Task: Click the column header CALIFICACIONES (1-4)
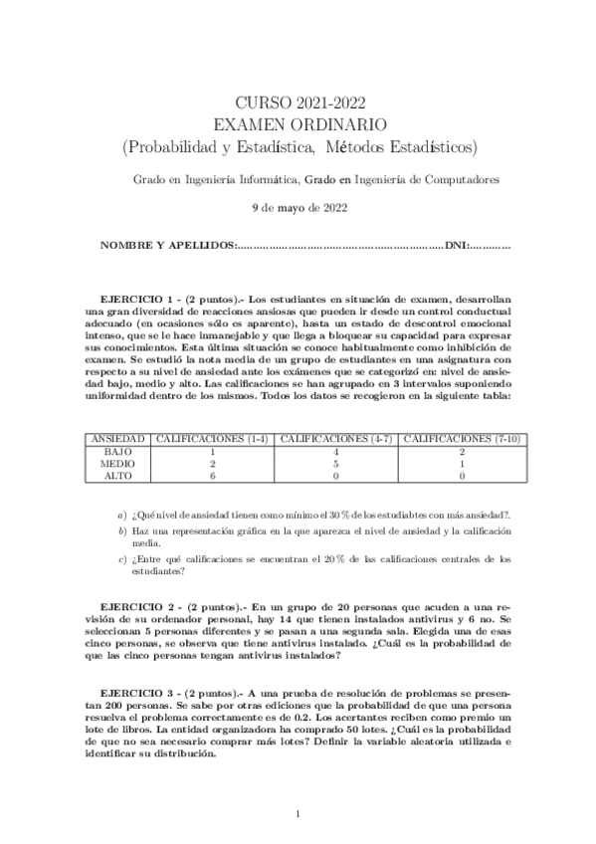click(x=213, y=439)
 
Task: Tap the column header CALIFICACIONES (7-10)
click(x=466, y=439)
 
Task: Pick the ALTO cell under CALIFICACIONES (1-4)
click(x=213, y=476)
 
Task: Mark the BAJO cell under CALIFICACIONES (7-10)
click(x=466, y=451)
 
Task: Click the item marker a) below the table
click(x=121, y=515)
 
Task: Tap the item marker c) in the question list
click(x=121, y=559)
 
